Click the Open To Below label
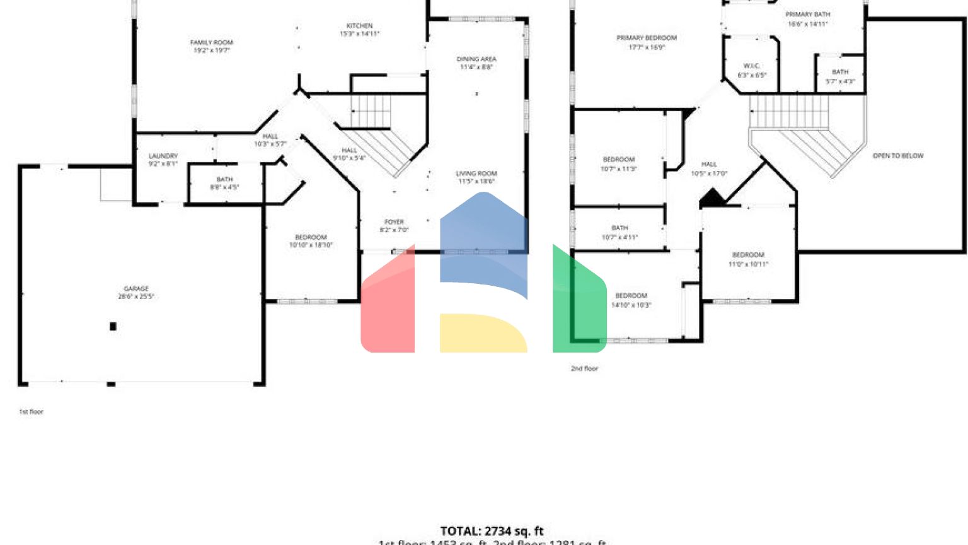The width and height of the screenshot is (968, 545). tap(897, 156)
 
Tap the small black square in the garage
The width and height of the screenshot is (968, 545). tap(113, 326)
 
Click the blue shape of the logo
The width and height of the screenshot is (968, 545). tap(483, 240)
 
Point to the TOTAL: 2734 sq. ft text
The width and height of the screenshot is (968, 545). tap(492, 531)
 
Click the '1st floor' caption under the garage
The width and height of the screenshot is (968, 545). tap(31, 412)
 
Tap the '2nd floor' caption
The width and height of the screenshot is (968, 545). tap(584, 368)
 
